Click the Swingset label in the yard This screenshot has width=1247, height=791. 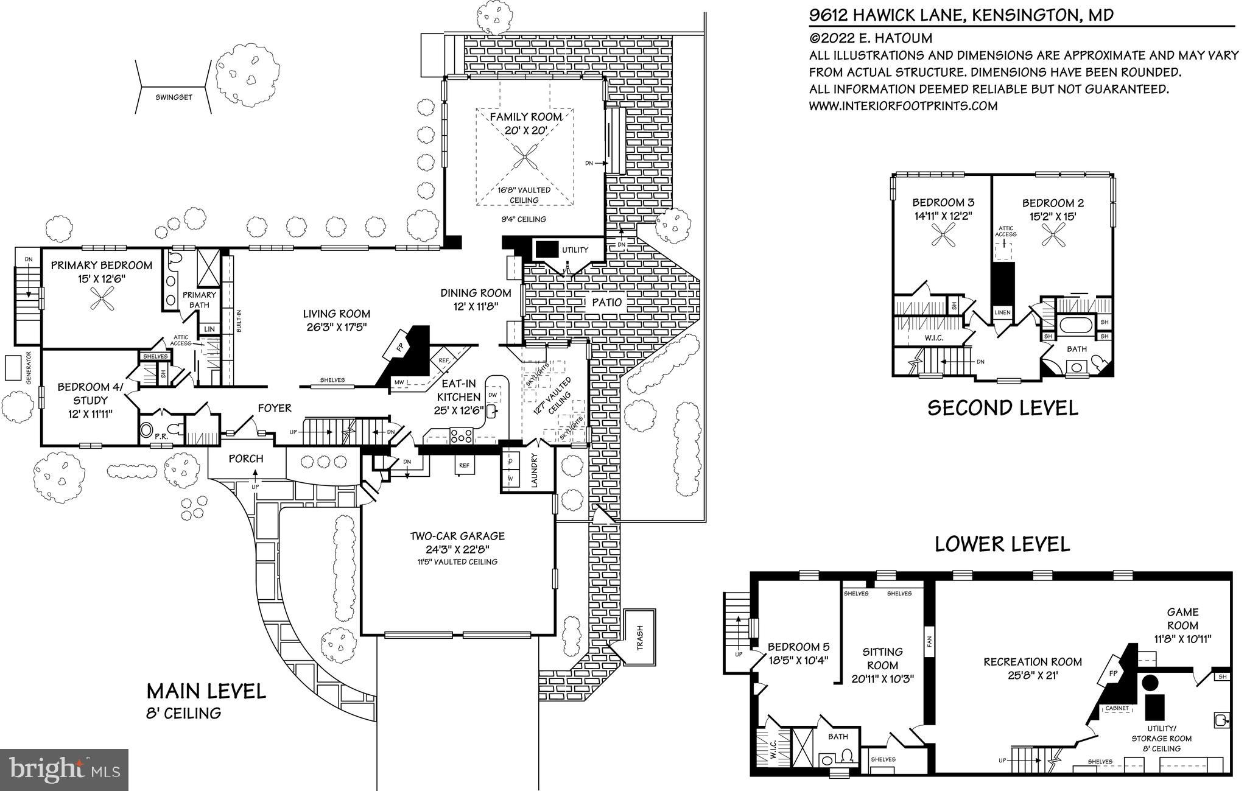coord(174,97)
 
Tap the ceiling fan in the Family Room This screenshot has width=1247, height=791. coord(524,160)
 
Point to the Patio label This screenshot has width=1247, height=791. coord(606,302)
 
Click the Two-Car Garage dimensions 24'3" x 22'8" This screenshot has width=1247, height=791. coord(457,549)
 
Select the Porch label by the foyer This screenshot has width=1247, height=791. coord(246,459)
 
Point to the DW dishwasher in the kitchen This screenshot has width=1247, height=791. coord(493,395)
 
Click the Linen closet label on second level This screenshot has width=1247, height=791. coord(1002,313)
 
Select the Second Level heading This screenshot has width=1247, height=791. coord(1002,407)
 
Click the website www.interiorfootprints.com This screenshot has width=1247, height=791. coord(903,106)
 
